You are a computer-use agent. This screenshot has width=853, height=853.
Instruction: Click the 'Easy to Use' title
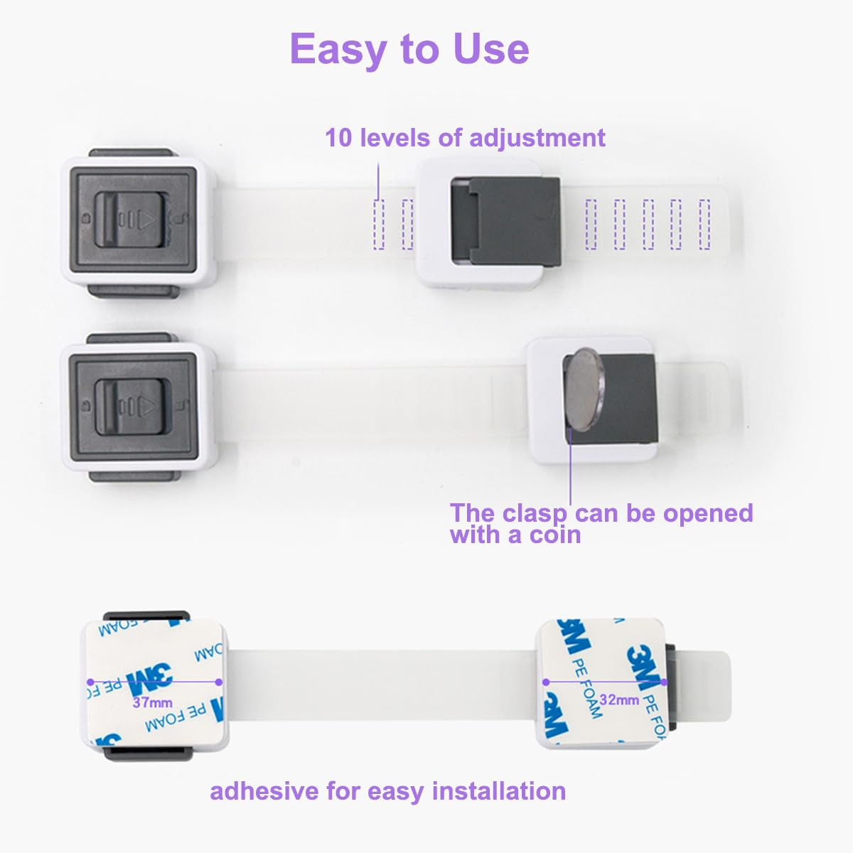[x=409, y=49]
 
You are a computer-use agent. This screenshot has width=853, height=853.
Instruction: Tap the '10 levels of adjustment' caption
[x=465, y=137]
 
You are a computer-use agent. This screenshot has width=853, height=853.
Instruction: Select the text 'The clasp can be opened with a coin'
[x=601, y=523]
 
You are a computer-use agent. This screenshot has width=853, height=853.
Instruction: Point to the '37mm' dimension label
[x=152, y=703]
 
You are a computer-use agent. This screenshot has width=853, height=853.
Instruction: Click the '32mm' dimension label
[x=618, y=699]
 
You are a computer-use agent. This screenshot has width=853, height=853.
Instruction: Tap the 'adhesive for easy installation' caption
[x=387, y=790]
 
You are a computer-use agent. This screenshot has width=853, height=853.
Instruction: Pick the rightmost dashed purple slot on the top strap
[x=704, y=224]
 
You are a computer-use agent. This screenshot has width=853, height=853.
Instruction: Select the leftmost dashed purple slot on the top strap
[x=378, y=224]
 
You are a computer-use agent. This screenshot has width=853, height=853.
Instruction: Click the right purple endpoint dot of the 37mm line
[x=219, y=682]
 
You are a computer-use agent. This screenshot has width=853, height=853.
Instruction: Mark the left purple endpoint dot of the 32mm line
[x=546, y=682]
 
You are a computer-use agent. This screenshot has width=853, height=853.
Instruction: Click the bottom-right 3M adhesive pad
[x=601, y=682]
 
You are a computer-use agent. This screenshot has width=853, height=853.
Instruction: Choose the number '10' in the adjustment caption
[x=338, y=137]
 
